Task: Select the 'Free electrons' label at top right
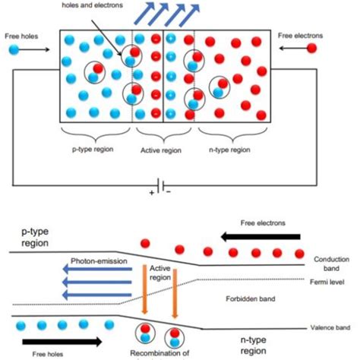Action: coord(302,35)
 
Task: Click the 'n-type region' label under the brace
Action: coord(229,151)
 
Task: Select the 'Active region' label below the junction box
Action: coord(163,151)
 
